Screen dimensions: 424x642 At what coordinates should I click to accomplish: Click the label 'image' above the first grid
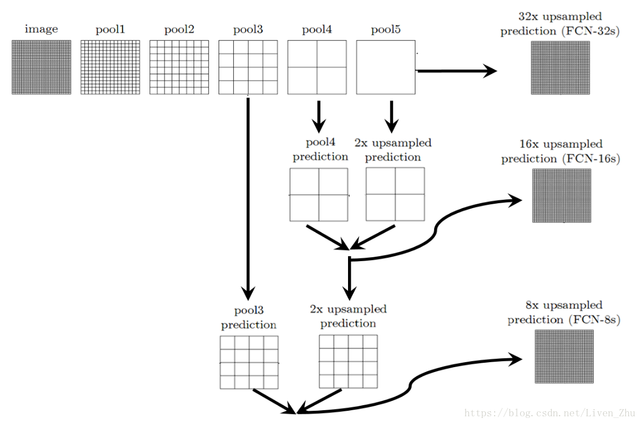(41, 29)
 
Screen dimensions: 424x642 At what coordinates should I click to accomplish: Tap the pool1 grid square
(110, 67)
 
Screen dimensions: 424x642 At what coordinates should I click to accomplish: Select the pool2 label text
(179, 29)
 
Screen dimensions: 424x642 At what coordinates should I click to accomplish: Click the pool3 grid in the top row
(248, 67)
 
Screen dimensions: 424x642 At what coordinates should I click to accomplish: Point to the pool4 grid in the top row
(317, 67)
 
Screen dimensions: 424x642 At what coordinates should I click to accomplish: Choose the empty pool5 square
(386, 67)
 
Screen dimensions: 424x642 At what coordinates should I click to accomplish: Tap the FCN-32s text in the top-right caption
(591, 31)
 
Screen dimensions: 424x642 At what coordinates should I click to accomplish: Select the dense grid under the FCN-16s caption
(561, 195)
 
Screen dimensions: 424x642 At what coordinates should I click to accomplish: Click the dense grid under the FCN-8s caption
(564, 356)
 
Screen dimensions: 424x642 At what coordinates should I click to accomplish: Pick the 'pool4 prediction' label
(320, 150)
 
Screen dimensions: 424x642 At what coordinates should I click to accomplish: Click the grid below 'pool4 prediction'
(319, 194)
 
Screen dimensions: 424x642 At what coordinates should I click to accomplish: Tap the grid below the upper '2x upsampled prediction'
(395, 194)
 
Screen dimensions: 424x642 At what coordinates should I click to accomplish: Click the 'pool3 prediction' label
(248, 317)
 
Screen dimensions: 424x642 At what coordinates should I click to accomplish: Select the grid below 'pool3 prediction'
(249, 362)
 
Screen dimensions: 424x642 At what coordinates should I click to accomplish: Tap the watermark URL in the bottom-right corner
(550, 412)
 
